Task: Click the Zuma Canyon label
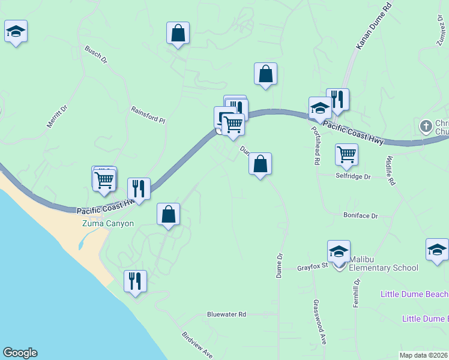click(x=107, y=223)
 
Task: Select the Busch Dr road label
click(x=95, y=55)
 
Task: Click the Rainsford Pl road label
click(x=148, y=115)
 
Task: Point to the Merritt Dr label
click(x=58, y=117)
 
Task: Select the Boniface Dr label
click(x=360, y=215)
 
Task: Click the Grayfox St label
click(x=312, y=268)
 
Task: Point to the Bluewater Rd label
click(x=226, y=314)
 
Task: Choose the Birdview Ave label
click(x=197, y=345)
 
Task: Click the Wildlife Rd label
click(x=390, y=170)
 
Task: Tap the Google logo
click(x=20, y=353)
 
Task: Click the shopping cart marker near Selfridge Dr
click(x=346, y=154)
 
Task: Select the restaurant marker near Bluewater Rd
click(x=134, y=280)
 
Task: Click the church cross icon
click(x=426, y=126)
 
